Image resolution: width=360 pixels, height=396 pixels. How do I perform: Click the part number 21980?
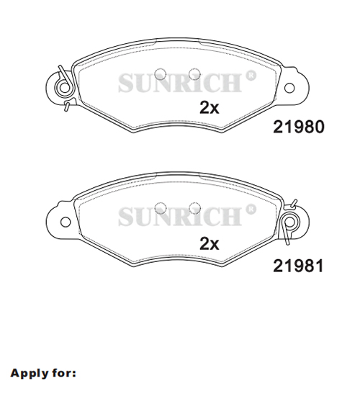point(298,127)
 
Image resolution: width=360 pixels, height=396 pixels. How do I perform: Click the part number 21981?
point(298,266)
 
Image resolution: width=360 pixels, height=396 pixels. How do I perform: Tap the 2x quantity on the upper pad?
point(210,108)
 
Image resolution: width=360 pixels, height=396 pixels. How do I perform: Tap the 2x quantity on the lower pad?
point(210,243)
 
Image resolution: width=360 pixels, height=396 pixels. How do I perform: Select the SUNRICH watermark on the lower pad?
point(187,215)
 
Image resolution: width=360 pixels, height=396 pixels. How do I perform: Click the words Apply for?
point(43,373)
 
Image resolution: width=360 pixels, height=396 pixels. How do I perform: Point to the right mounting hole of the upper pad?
point(289,88)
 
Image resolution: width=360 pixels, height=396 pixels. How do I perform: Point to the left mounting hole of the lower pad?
point(66,222)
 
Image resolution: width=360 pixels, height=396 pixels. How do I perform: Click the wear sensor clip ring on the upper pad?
point(64,88)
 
